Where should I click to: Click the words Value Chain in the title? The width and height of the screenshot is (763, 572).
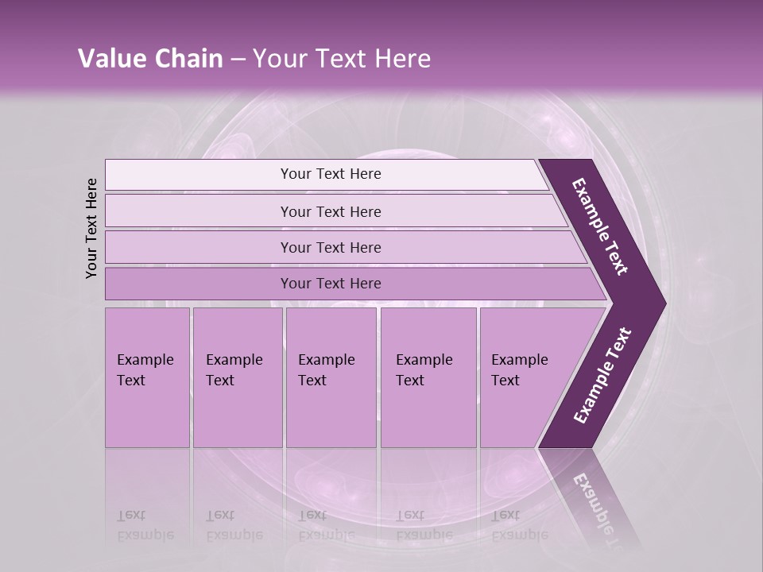click(150, 59)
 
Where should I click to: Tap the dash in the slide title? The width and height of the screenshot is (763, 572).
click(238, 60)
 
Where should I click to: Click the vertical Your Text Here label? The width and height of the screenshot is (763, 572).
click(91, 228)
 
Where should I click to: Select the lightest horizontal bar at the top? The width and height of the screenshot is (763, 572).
click(330, 174)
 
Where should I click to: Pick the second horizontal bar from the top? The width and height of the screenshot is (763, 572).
click(330, 211)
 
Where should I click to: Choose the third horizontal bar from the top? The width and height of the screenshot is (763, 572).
click(330, 247)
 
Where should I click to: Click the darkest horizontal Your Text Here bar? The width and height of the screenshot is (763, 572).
click(330, 284)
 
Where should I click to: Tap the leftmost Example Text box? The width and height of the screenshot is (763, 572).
click(147, 377)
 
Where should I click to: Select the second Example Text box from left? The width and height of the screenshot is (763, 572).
click(237, 377)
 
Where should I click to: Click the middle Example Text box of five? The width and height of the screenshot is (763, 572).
click(331, 377)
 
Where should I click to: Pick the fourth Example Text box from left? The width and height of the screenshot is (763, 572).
click(428, 377)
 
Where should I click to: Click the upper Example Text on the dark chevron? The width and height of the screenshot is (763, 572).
click(600, 226)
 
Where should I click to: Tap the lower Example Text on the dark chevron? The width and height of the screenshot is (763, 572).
click(602, 375)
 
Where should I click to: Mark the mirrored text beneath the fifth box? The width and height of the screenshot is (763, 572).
click(518, 525)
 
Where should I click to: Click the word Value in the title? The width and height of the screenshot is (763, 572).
click(110, 59)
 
